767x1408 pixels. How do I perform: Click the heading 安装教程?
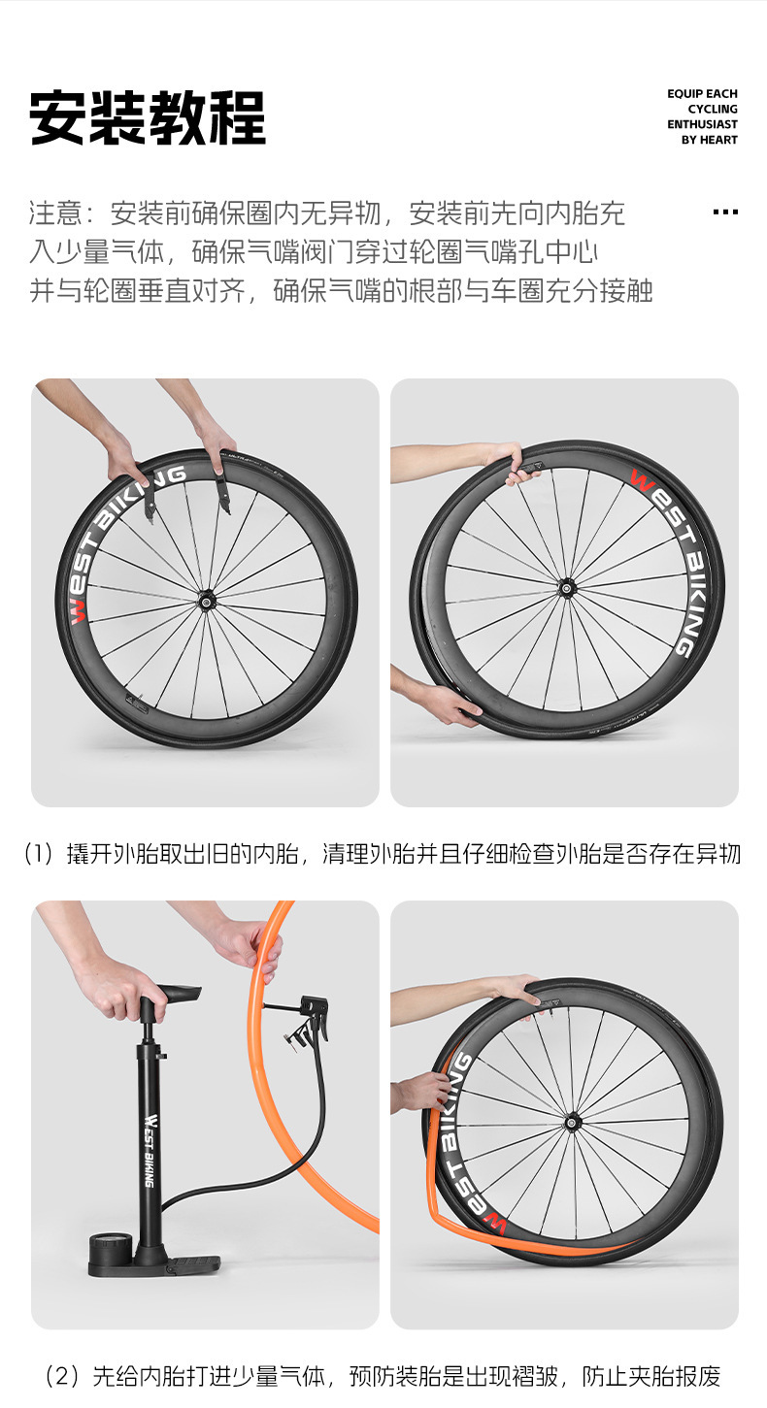coord(148,117)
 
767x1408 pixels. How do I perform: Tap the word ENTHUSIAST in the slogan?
coord(702,124)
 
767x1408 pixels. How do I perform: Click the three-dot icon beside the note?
coord(725,212)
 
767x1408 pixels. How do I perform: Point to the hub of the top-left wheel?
coord(204,602)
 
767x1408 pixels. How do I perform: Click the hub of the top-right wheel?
coord(566,589)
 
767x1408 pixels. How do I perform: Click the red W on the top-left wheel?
coord(78,611)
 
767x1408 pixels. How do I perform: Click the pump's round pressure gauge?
coord(111,1243)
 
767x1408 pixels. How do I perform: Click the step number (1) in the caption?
coord(39,854)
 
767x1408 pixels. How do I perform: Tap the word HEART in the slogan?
coord(717,140)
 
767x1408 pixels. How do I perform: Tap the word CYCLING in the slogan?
coord(713,110)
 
